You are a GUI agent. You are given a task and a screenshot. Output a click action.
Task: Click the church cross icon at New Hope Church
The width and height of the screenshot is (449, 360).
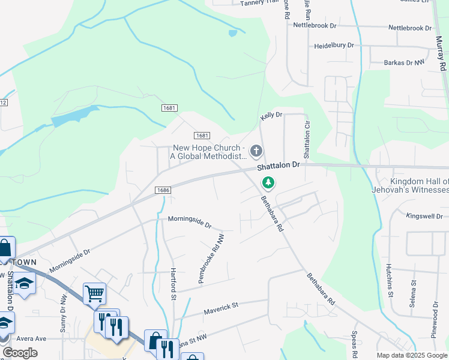coord(256,151)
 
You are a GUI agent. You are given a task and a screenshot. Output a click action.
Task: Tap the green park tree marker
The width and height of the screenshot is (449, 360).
coord(268,182)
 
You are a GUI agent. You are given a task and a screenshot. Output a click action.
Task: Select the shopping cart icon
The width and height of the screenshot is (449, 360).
coord(94,293)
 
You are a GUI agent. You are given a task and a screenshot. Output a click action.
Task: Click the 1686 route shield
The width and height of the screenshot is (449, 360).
coord(162,190)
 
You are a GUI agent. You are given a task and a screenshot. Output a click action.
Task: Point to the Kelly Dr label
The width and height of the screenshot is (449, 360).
coord(271,114)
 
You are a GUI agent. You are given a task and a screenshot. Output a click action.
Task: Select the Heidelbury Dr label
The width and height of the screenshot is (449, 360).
coord(334,46)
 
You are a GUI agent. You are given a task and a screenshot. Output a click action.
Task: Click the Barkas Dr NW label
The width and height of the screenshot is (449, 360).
coord(396,62)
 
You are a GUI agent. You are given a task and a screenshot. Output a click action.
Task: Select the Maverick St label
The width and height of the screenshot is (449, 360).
coord(221,305)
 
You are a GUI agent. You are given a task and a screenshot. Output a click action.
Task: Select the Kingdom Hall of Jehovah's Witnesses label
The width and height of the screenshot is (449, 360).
coord(419,185)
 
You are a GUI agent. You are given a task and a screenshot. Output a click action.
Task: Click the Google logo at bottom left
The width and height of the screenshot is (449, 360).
coord(20,353)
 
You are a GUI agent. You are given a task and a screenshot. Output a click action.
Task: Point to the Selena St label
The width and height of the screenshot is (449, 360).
coord(413,293)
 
